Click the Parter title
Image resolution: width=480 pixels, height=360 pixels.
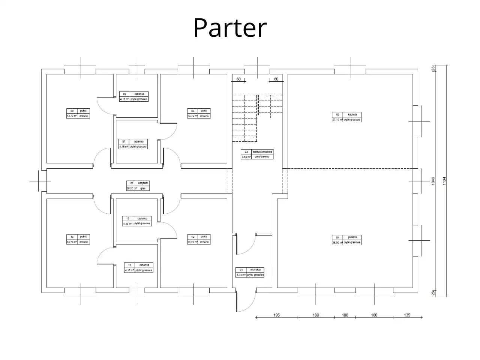[230, 28]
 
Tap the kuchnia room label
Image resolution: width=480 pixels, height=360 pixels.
[346, 117]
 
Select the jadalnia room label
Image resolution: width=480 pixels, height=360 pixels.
[346, 240]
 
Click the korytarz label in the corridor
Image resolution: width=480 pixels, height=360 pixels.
[138, 186]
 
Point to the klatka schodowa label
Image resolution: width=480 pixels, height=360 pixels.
[257, 154]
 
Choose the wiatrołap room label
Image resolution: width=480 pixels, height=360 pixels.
[250, 272]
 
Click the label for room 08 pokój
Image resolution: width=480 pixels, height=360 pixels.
[78, 114]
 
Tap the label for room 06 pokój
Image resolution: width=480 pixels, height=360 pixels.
[199, 114]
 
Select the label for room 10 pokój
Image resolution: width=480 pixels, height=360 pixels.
[78, 239]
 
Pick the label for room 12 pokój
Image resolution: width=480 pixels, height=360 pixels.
[199, 239]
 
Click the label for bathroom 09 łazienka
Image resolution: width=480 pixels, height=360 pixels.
[134, 96]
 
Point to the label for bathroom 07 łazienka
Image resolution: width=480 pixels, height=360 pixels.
[133, 144]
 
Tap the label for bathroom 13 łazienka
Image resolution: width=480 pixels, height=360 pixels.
[137, 221]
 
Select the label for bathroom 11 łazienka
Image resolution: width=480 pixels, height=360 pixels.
[139, 267]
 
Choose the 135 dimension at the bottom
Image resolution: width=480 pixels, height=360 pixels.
[407, 315]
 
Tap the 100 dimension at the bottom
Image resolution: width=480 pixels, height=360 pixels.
[345, 315]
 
